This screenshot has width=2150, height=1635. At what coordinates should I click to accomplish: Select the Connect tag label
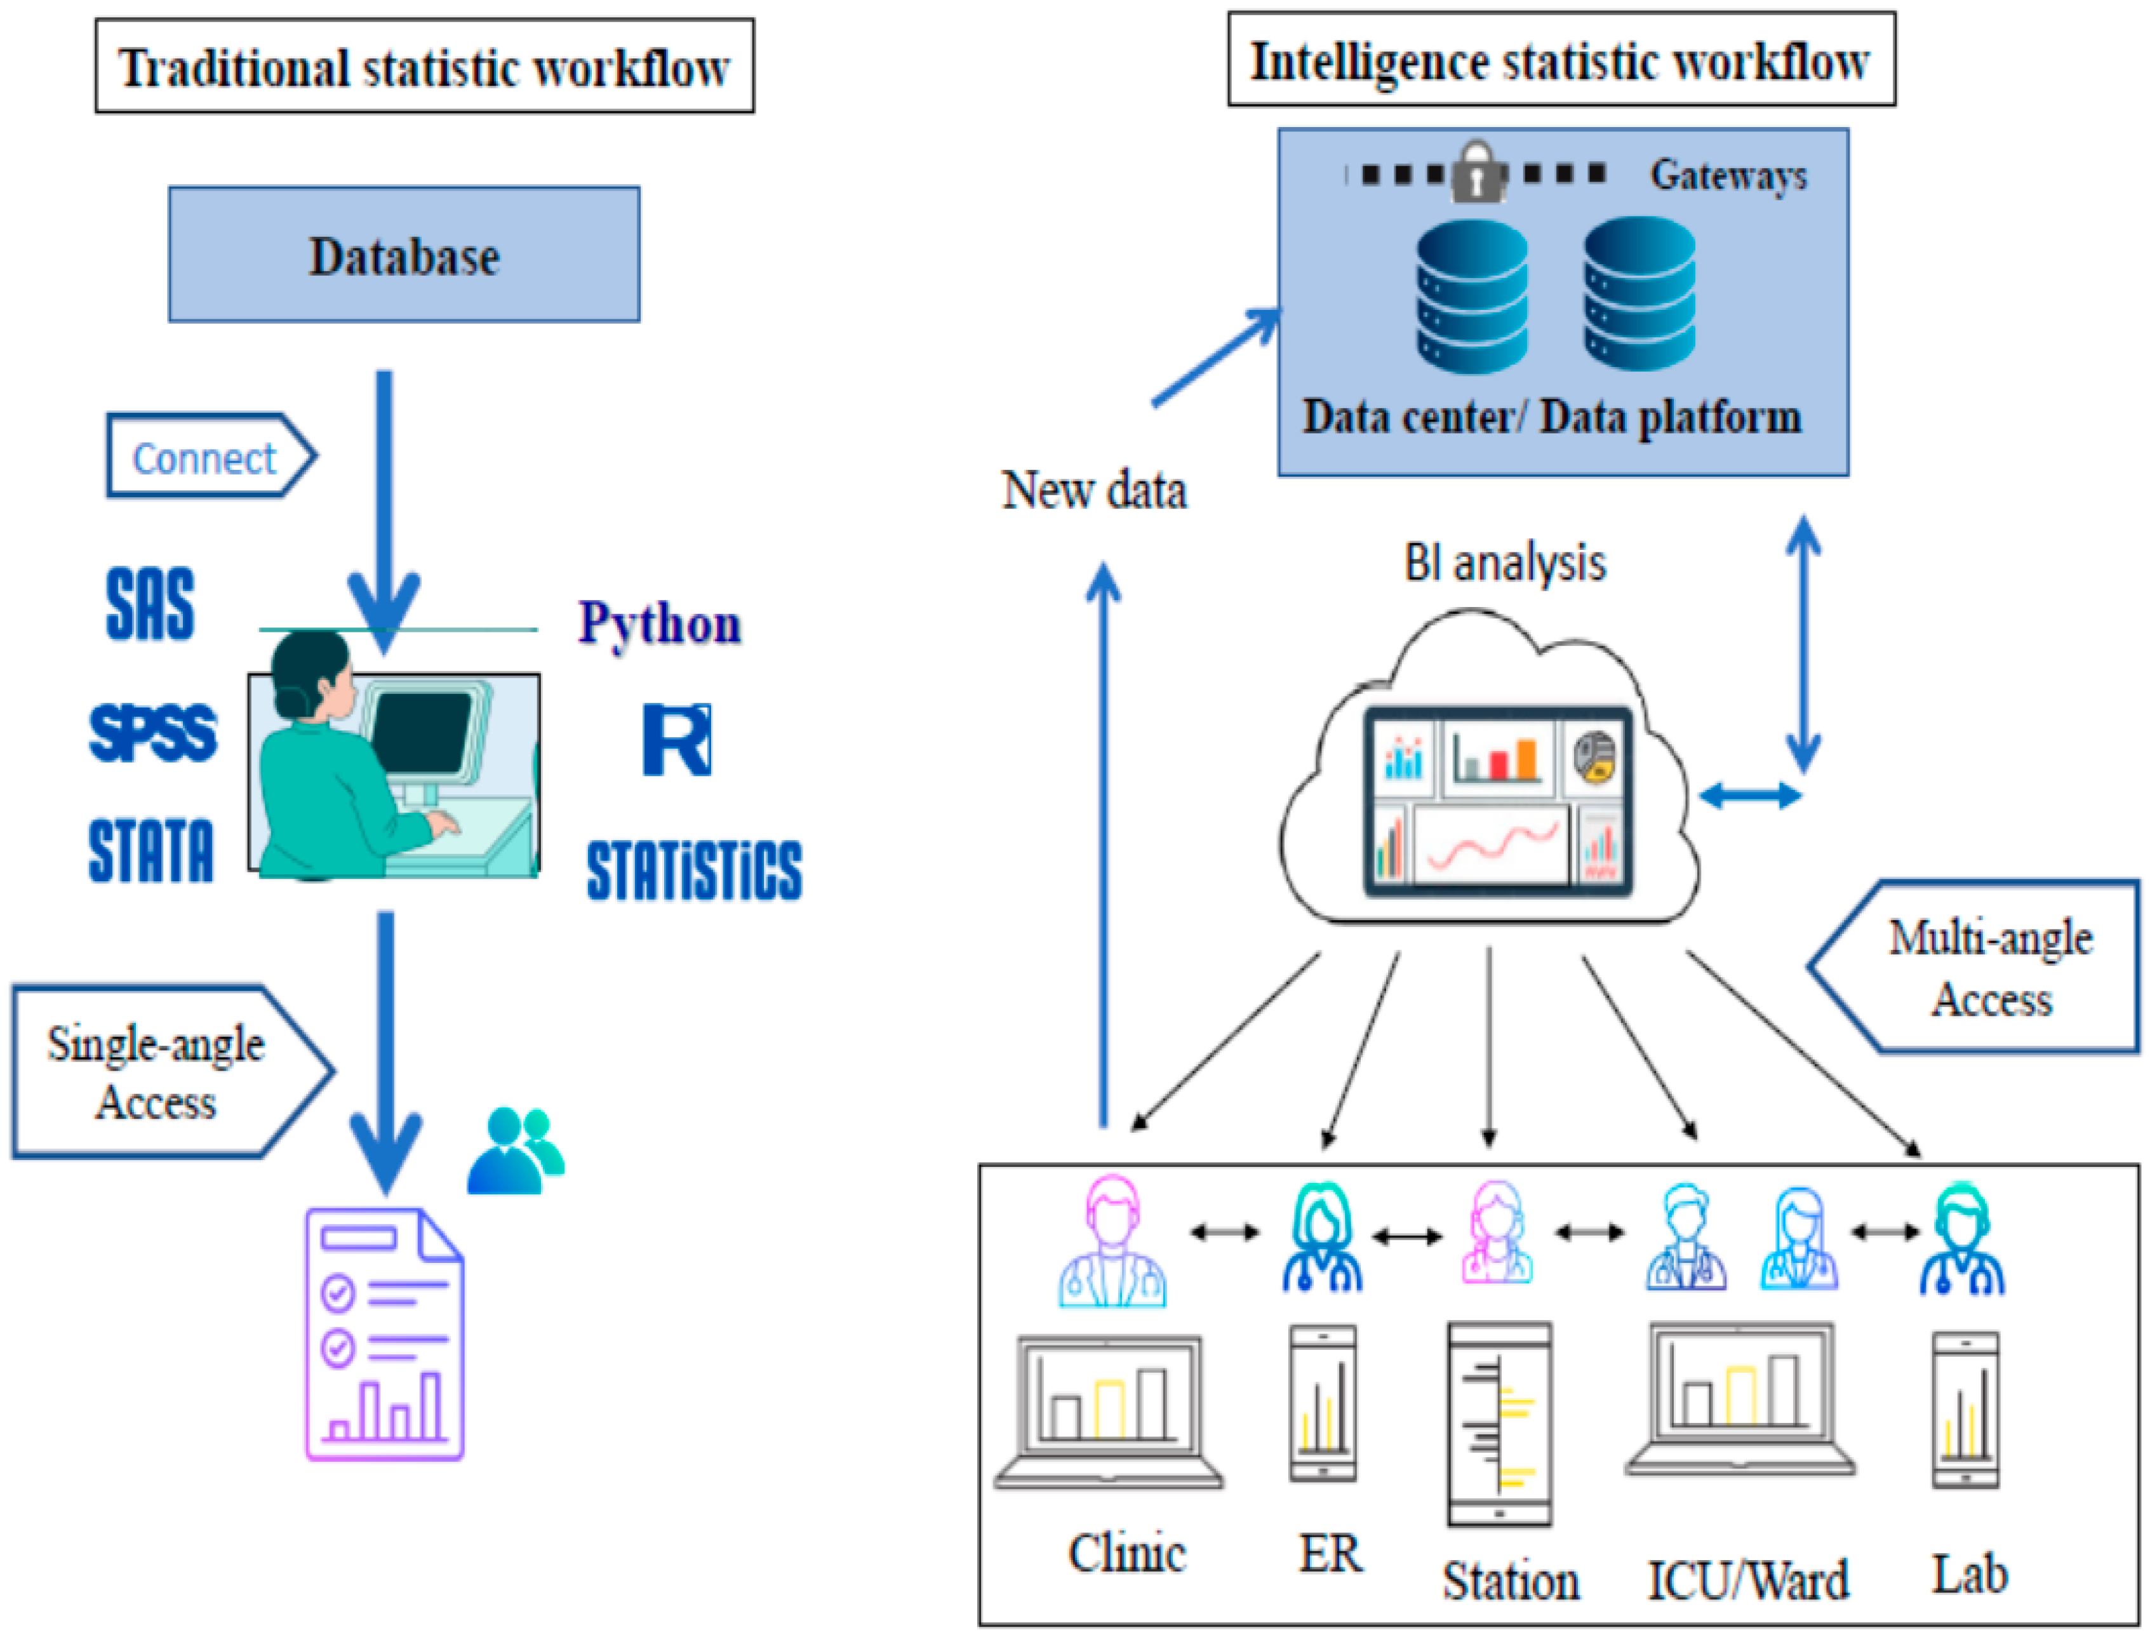coord(205,457)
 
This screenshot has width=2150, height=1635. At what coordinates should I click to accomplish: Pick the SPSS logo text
coord(153,732)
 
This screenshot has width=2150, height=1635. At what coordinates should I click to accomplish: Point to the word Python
coord(660,623)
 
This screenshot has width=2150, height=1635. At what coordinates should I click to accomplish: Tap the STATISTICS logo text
coord(694,870)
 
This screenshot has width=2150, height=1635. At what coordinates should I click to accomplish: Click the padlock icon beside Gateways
coord(1476,172)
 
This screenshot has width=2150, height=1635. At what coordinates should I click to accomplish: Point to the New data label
coord(1094,490)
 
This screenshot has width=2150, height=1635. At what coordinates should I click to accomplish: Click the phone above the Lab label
coord(1965,1410)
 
